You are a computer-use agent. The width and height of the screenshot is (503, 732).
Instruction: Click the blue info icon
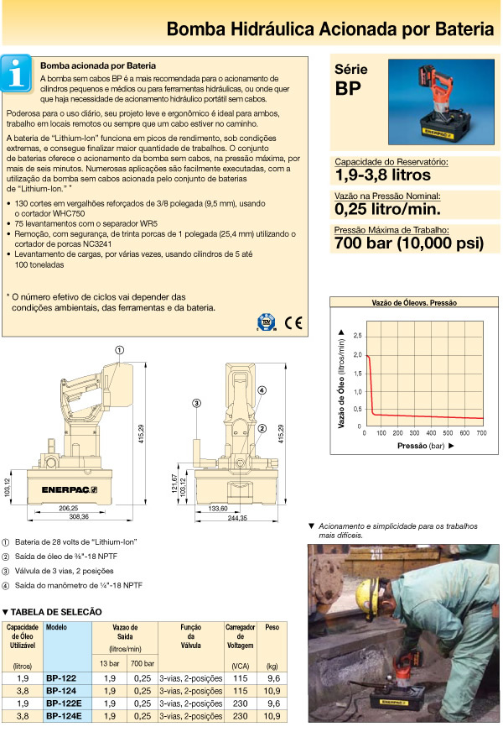[x=18, y=73]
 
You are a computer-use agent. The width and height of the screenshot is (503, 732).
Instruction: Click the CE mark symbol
[x=293, y=321]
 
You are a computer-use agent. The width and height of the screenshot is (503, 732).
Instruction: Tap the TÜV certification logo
[x=266, y=322]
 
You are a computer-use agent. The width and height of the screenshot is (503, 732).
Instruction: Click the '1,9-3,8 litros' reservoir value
[x=382, y=175]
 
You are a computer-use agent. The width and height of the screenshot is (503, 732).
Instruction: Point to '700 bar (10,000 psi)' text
[x=409, y=243]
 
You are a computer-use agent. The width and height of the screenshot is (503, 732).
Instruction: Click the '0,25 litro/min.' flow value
[x=386, y=209]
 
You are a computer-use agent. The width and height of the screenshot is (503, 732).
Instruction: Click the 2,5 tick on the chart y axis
[x=358, y=336]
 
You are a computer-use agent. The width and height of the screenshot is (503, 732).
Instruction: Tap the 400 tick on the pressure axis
[x=431, y=432]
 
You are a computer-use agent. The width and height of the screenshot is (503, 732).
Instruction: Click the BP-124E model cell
[x=64, y=715]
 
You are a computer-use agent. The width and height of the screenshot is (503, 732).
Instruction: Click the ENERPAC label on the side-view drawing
[x=63, y=488]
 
